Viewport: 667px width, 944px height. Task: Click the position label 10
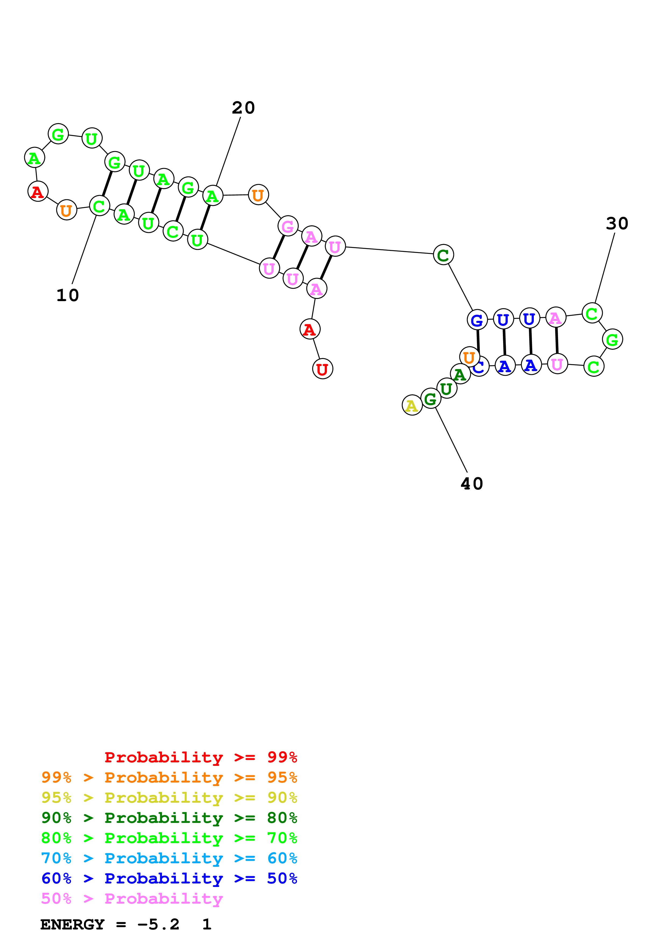67,295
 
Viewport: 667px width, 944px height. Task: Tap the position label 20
243,108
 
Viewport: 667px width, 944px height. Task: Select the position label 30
617,223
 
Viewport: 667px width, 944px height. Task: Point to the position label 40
472,484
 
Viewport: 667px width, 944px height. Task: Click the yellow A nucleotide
412,405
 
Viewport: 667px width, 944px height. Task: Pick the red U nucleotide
323,369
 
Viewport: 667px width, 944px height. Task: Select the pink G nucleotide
288,226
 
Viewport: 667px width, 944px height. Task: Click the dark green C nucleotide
443,255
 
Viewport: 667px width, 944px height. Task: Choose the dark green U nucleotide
447,388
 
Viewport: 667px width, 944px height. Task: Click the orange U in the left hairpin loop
66,210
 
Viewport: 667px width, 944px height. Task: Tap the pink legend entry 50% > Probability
132,898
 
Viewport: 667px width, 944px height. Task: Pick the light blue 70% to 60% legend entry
169,858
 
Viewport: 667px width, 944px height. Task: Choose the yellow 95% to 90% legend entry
169,798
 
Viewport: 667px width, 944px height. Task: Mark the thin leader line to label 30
605,268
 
